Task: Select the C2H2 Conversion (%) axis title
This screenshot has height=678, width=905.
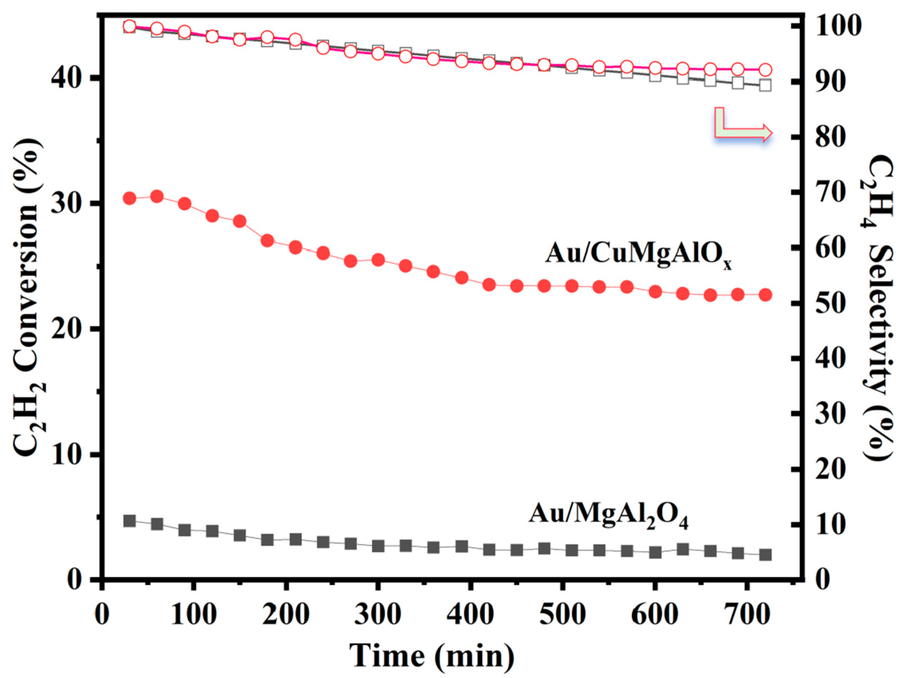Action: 31,298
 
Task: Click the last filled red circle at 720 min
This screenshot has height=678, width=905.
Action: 765,295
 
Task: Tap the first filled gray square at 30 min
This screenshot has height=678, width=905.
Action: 130,521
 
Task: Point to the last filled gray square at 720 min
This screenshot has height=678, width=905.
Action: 765,555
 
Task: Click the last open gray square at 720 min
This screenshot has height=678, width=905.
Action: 765,85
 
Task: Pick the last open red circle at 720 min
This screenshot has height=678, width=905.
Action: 765,69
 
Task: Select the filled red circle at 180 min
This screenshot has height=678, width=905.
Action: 268,241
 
